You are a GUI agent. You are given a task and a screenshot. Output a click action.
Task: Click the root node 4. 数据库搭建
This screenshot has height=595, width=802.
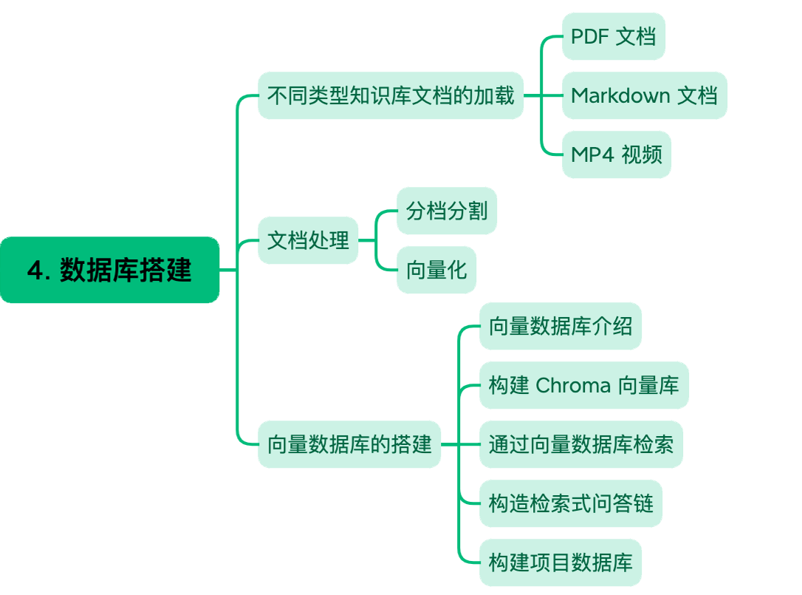coord(109,270)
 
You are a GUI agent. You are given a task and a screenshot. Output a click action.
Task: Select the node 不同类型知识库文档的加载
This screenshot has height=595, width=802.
coord(390,95)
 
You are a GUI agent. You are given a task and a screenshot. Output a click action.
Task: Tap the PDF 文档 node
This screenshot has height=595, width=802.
coord(613,36)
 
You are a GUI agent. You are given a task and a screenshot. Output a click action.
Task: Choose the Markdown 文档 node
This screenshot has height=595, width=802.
coord(644,95)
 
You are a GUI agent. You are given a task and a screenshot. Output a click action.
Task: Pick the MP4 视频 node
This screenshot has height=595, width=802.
coord(616,154)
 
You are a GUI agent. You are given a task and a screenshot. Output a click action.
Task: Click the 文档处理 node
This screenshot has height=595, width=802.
coord(307,240)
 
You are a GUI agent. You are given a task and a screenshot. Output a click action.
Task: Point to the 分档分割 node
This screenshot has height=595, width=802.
coord(446,211)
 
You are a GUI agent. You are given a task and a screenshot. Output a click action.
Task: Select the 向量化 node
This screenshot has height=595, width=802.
coord(436,270)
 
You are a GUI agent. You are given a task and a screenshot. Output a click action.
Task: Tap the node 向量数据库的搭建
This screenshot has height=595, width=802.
coord(349,444)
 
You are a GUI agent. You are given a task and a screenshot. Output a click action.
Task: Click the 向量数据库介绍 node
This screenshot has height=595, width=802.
coord(560,326)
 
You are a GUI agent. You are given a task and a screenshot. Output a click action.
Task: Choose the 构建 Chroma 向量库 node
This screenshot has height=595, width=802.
coord(583,385)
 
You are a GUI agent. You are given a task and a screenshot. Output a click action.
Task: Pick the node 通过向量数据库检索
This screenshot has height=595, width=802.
coord(580,444)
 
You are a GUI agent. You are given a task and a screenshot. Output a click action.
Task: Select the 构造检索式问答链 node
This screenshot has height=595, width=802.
coord(570,503)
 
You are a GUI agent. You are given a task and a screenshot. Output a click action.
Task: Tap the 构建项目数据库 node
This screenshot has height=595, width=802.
coord(560,562)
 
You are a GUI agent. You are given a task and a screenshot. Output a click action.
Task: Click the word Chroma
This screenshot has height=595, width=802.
coord(573,385)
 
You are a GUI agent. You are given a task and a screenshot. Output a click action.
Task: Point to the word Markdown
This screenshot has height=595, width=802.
coord(620,95)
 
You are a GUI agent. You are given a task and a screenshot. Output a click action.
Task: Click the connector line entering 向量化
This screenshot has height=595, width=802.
coord(387,268)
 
